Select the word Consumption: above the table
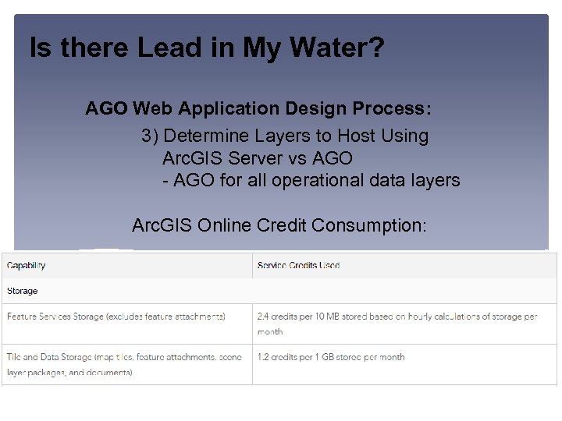pyautogui.click(x=368, y=225)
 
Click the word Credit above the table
pyautogui.click(x=281, y=225)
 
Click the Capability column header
pyautogui.click(x=27, y=266)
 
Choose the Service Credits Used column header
pyautogui.click(x=298, y=266)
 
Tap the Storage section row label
pyautogui.click(x=22, y=291)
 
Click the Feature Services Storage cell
pyautogui.click(x=116, y=317)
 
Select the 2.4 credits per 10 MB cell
pyautogui.click(x=397, y=323)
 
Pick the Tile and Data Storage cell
pyautogui.click(x=124, y=364)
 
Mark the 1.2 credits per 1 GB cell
pyautogui.click(x=331, y=357)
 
